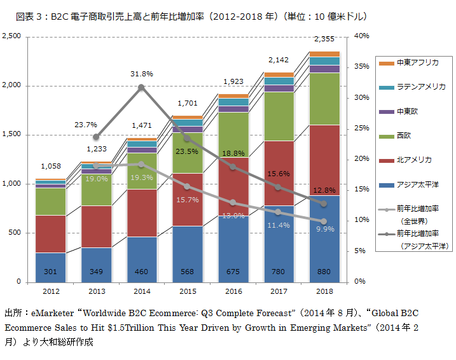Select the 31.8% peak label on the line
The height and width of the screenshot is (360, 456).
(141, 74)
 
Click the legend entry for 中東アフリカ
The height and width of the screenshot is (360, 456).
(417, 62)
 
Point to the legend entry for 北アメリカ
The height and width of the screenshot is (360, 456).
(413, 160)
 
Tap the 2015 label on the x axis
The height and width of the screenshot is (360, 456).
(187, 291)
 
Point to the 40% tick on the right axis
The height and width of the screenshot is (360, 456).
(361, 36)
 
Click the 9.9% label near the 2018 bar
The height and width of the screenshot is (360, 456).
(324, 228)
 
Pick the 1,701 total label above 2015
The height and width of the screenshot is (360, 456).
(187, 102)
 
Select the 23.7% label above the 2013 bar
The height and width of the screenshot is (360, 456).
(85, 125)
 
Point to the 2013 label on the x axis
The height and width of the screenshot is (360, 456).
(96, 291)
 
